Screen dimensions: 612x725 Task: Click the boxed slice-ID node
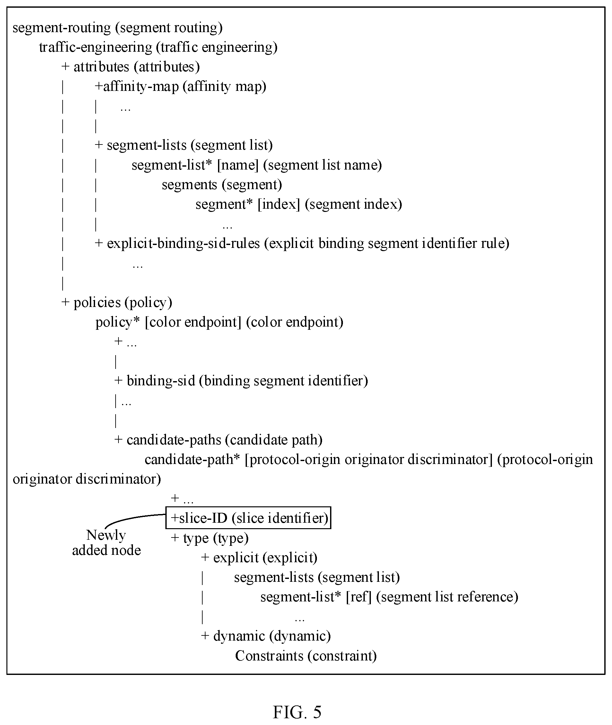(x=249, y=518)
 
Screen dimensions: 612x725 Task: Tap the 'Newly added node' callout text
(x=106, y=543)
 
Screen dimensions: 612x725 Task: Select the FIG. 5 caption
(x=297, y=712)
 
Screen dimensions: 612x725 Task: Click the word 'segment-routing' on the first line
(x=62, y=28)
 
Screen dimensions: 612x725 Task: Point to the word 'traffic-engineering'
(x=96, y=48)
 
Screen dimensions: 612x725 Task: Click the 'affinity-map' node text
(x=141, y=87)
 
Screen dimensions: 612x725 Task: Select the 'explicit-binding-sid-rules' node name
(x=184, y=243)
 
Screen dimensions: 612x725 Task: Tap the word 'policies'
(x=98, y=302)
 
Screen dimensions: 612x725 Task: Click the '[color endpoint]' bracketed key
(x=193, y=322)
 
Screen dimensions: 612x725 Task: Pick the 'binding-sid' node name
(x=161, y=381)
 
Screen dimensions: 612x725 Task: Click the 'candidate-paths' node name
(x=174, y=440)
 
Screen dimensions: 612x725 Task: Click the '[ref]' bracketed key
(x=359, y=597)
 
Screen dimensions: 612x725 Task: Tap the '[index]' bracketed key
(x=279, y=204)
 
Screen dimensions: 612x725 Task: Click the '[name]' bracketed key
(x=238, y=165)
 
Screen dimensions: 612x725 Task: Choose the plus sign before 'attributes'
(x=65, y=66)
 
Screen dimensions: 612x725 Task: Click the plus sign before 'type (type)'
(x=174, y=538)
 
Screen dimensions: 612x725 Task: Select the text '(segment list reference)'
(x=447, y=597)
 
